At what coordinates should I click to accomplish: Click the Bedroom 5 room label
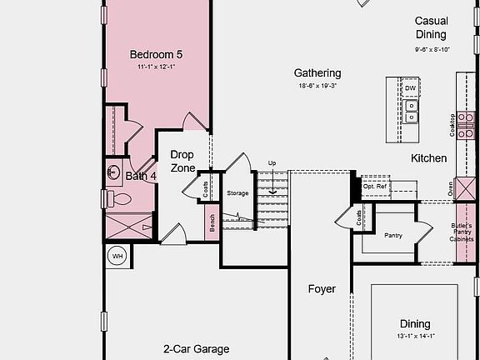pos(156,55)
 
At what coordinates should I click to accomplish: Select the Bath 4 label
pos(141,176)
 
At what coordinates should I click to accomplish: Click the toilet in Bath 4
pos(120,199)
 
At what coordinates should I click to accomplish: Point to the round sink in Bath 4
pos(113,172)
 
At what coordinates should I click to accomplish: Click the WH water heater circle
pos(117,256)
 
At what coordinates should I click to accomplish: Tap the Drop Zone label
pos(182,161)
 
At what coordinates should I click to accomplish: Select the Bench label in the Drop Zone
pos(212,222)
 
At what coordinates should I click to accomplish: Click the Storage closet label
pos(237,193)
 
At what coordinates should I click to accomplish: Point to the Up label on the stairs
pos(272,163)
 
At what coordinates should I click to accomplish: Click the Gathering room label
pos(317,73)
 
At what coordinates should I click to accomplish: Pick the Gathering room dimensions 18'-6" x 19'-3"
pos(317,86)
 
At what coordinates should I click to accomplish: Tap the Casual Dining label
pos(431,27)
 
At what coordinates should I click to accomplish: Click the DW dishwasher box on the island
pos(411,87)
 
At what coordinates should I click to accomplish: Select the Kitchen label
pos(428,157)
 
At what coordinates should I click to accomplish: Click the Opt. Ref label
pos(375,187)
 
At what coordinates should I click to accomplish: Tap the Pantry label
pos(393,235)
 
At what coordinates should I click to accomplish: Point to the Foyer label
pos(322,289)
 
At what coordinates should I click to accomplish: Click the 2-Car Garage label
pos(196,349)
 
